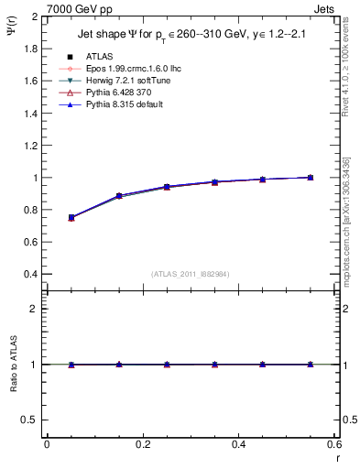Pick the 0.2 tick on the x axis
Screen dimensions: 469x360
tap(142, 444)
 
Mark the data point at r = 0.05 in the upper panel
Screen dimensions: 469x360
tap(71, 218)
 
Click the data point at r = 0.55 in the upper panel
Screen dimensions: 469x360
tap(311, 178)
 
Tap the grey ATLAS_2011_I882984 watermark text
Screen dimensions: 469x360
tap(191, 274)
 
